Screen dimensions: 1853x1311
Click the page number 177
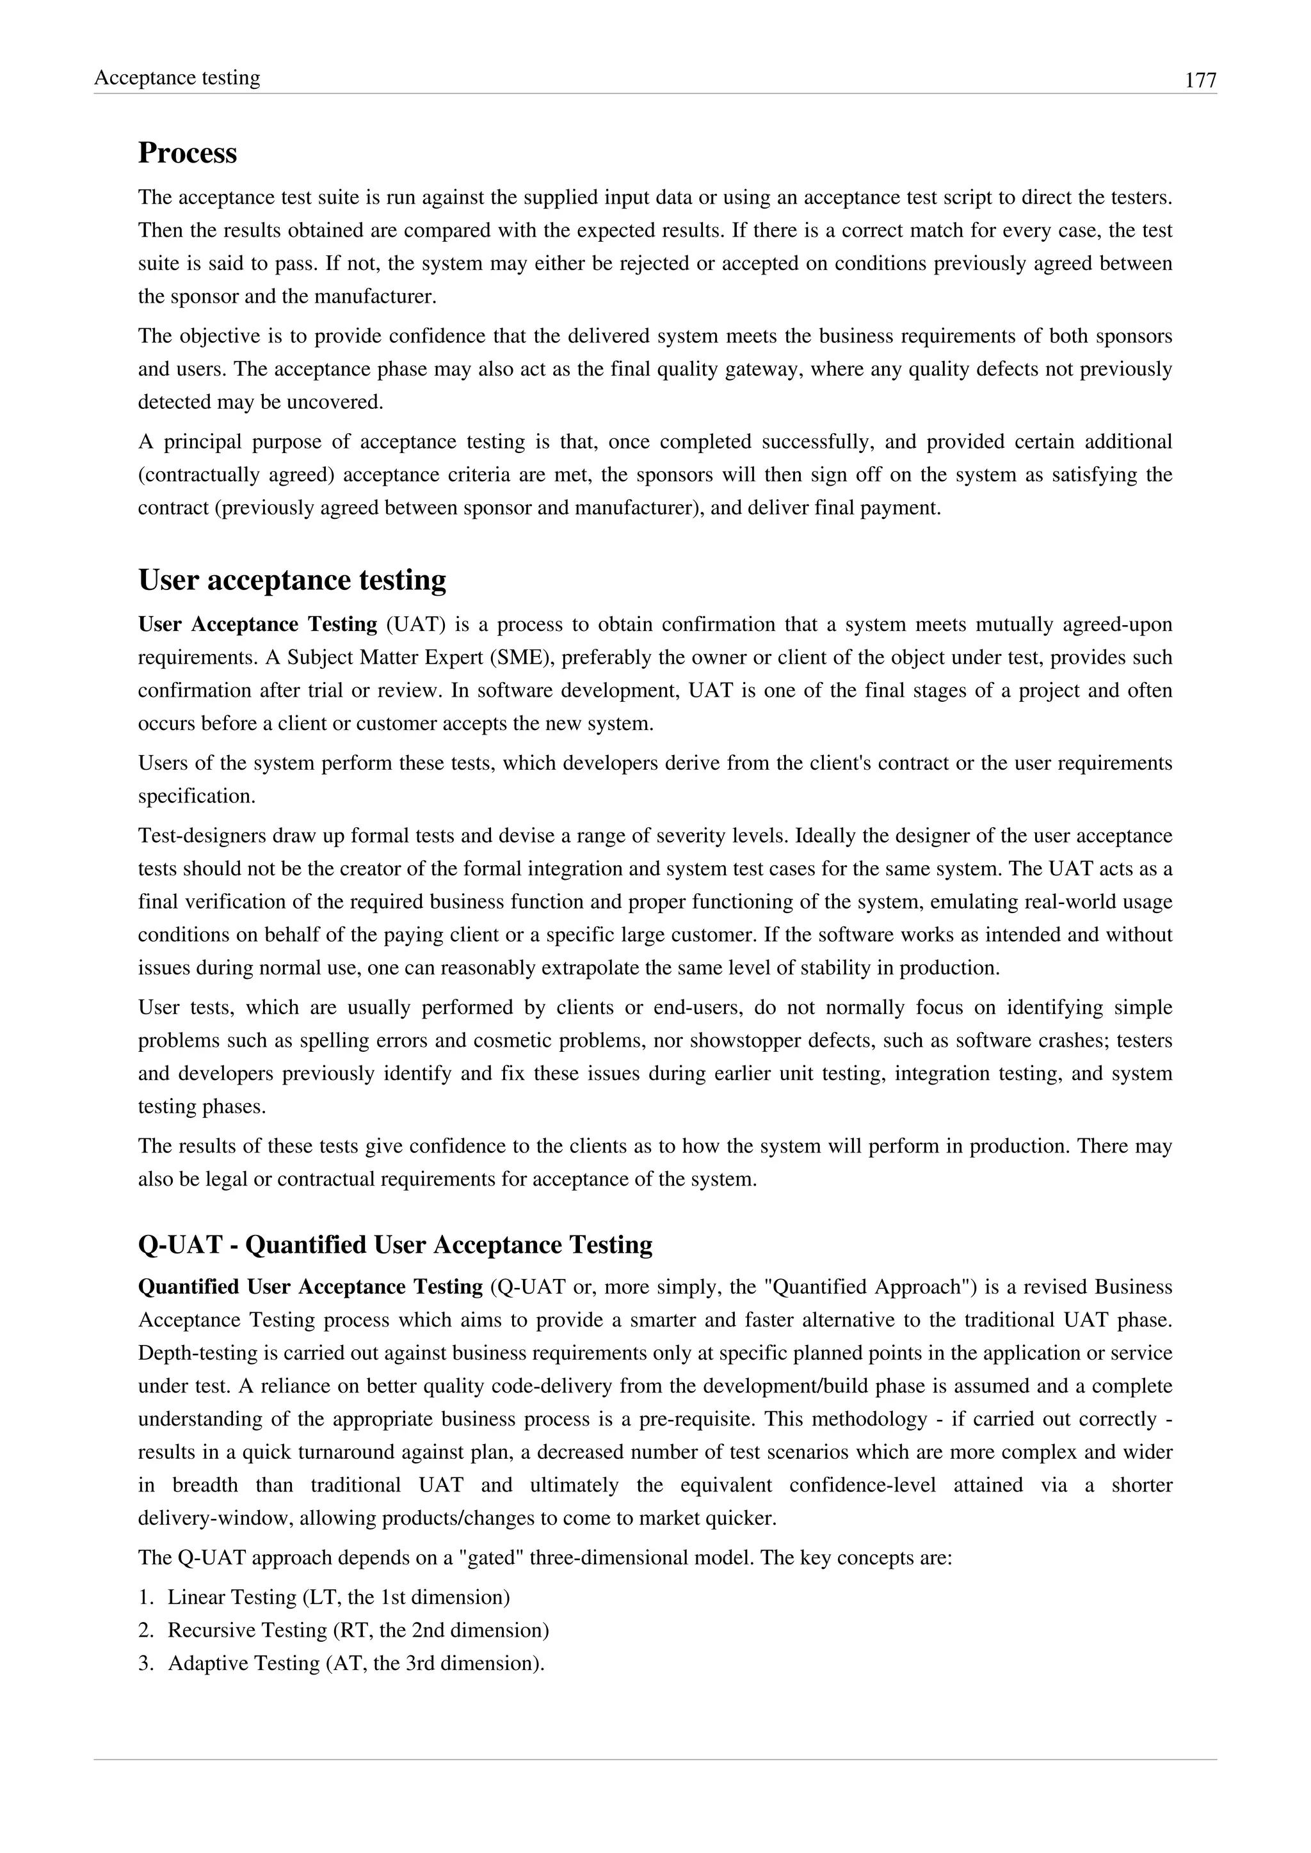pyautogui.click(x=1200, y=81)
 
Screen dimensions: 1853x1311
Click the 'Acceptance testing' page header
pyautogui.click(x=177, y=77)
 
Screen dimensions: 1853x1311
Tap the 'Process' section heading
pyautogui.click(x=188, y=152)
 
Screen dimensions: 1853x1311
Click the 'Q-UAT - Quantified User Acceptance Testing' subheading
pyautogui.click(x=395, y=1245)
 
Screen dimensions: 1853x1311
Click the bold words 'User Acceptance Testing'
pyautogui.click(x=257, y=624)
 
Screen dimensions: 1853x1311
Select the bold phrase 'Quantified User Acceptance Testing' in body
pyautogui.click(x=310, y=1287)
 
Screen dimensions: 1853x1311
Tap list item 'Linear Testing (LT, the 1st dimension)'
pyautogui.click(x=338, y=1597)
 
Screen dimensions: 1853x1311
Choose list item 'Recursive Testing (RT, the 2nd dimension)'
pyautogui.click(x=358, y=1630)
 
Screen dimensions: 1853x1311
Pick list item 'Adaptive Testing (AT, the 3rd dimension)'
pyautogui.click(x=355, y=1664)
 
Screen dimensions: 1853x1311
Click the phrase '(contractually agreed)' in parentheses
pyautogui.click(x=236, y=475)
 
